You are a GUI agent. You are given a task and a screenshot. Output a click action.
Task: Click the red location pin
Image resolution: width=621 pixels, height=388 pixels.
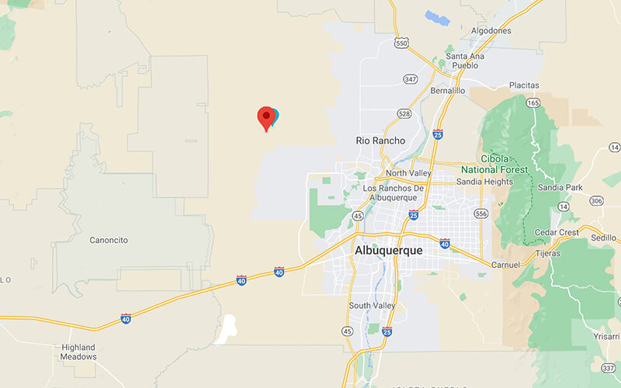[266, 117]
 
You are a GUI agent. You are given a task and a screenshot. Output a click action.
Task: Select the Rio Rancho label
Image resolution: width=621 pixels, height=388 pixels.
[380, 140]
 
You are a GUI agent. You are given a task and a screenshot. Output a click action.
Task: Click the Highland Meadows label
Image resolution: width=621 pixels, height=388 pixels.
[79, 352]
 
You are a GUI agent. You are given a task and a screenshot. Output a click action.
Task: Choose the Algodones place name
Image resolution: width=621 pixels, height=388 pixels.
[491, 31]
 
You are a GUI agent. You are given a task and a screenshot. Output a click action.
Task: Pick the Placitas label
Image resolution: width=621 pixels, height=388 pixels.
[524, 85]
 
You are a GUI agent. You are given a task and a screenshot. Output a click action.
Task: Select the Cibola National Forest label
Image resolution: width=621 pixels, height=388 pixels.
[494, 164]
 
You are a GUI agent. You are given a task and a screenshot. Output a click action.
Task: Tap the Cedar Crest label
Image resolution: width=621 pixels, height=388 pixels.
[557, 231]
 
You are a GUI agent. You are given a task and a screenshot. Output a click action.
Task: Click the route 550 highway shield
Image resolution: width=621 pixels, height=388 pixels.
[401, 44]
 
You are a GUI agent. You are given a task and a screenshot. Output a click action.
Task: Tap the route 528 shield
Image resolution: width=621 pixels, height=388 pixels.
[404, 114]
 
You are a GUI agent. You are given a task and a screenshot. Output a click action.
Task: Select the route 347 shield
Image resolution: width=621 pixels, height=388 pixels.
[410, 79]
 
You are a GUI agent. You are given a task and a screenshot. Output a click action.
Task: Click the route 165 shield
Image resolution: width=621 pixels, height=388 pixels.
[533, 102]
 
